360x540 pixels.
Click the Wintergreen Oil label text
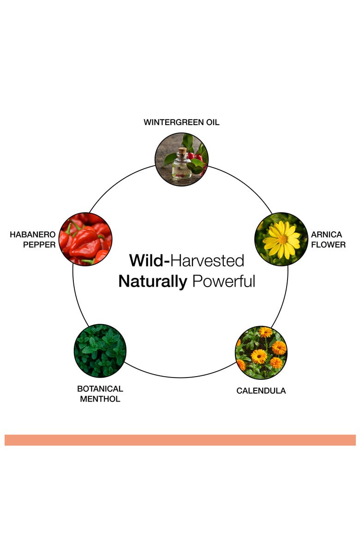pos(181,122)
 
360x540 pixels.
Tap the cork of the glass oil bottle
pos(182,150)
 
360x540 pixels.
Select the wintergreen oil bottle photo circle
pos(181,159)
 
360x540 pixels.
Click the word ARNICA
pos(326,234)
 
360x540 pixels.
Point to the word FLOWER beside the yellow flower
pos(328,245)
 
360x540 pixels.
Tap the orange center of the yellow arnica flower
pos(282,239)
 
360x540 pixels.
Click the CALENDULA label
pos(261,390)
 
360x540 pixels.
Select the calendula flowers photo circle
pos(261,352)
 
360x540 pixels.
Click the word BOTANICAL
pos(100,389)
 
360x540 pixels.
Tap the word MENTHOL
pos(100,399)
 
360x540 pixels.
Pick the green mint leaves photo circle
pos(100,351)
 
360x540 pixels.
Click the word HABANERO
pos(32,234)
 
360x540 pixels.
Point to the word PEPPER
pos(39,245)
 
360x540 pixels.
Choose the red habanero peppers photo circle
pos(85,239)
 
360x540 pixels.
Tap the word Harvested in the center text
pos(207,261)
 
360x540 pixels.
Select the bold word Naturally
pos(153,282)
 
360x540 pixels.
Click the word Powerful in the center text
pos(223,281)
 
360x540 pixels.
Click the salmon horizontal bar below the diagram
pos(180,440)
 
